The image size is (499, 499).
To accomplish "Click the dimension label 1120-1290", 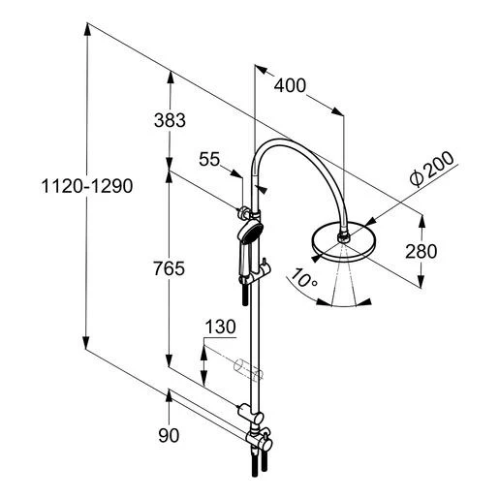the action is click(87, 186).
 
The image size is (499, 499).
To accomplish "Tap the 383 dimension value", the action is click(170, 120).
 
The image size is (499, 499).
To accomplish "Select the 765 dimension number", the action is click(170, 268).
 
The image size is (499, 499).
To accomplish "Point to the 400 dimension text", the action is click(290, 85).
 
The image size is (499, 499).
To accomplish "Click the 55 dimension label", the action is click(209, 159).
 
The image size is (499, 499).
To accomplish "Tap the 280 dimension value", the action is click(421, 251).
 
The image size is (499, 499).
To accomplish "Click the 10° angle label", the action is click(304, 277).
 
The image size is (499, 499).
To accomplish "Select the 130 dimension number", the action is click(221, 327).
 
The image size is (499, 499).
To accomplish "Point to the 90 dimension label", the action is click(169, 435).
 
